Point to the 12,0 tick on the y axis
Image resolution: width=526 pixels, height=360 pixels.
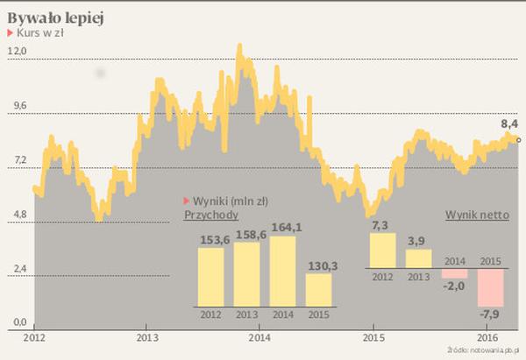pyautogui.click(x=17, y=53)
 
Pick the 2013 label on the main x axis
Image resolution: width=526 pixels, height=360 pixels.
pyautogui.click(x=147, y=337)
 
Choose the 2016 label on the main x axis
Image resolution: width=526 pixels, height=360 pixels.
pyautogui.click(x=489, y=337)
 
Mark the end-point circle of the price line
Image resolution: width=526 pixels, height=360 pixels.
pyautogui.click(x=519, y=139)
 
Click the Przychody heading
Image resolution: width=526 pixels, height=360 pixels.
pyautogui.click(x=212, y=215)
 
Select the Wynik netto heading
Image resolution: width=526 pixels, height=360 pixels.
pyautogui.click(x=480, y=215)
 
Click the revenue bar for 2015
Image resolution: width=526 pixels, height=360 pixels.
pyautogui.click(x=318, y=289)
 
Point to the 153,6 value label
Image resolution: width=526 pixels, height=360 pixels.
pyautogui.click(x=210, y=239)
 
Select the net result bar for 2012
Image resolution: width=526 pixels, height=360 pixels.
pyautogui.click(x=382, y=250)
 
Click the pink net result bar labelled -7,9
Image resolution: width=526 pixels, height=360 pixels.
pyautogui.click(x=490, y=286)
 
